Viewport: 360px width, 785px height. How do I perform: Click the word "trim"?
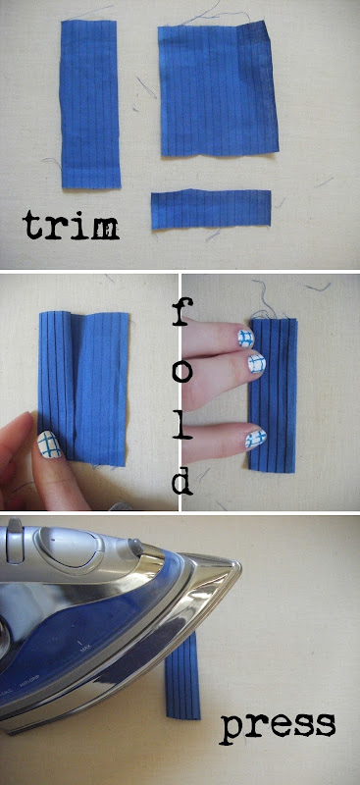tap(71, 226)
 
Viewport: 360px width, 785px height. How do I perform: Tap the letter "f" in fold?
tap(180, 311)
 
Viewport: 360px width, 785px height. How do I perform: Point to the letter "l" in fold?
tap(182, 425)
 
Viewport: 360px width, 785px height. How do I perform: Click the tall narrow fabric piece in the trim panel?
tap(89, 104)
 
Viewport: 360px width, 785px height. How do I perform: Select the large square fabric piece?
tap(219, 89)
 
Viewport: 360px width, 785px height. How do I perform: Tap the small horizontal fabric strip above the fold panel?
tap(211, 209)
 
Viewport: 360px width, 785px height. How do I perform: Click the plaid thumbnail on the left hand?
tap(50, 445)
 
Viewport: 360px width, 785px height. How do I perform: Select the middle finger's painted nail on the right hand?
tap(255, 362)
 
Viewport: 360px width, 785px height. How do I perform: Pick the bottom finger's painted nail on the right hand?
tap(255, 438)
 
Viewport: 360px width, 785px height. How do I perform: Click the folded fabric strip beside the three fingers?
tap(273, 394)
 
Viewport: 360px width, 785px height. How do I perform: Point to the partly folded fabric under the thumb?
tap(83, 387)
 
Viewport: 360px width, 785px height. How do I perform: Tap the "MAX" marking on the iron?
tap(84, 650)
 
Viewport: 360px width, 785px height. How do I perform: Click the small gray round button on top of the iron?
tap(133, 545)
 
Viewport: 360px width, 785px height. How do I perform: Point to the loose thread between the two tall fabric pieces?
tap(146, 87)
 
